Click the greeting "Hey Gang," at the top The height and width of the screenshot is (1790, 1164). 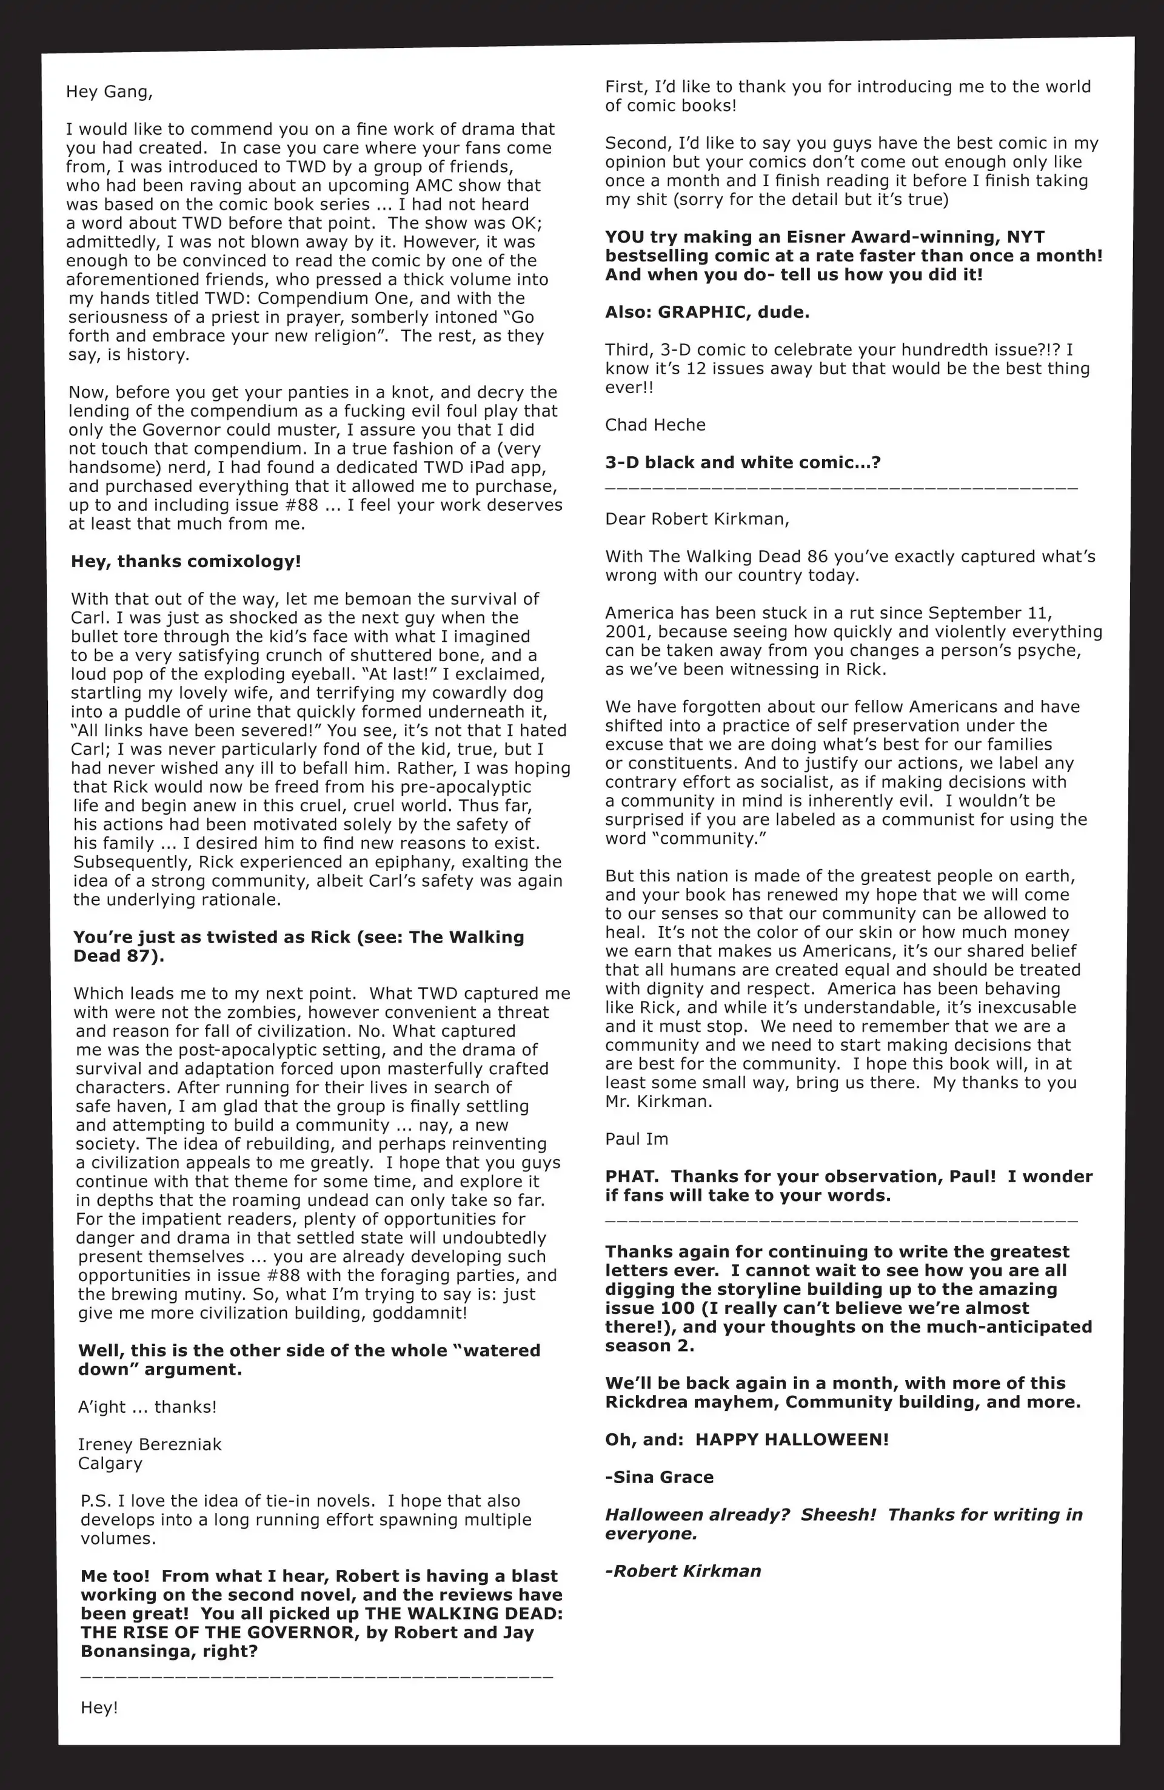click(109, 92)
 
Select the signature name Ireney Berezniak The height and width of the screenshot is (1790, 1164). click(150, 1445)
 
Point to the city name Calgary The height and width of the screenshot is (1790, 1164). click(110, 1464)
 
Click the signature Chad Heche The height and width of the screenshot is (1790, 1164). click(655, 425)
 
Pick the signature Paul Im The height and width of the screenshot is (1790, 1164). click(636, 1139)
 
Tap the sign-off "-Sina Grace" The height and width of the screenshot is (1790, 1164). click(659, 1477)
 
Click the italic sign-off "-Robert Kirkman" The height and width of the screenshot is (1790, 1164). click(683, 1571)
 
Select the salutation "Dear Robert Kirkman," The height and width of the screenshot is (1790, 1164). click(697, 519)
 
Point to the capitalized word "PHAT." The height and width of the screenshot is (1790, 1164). click(632, 1177)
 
